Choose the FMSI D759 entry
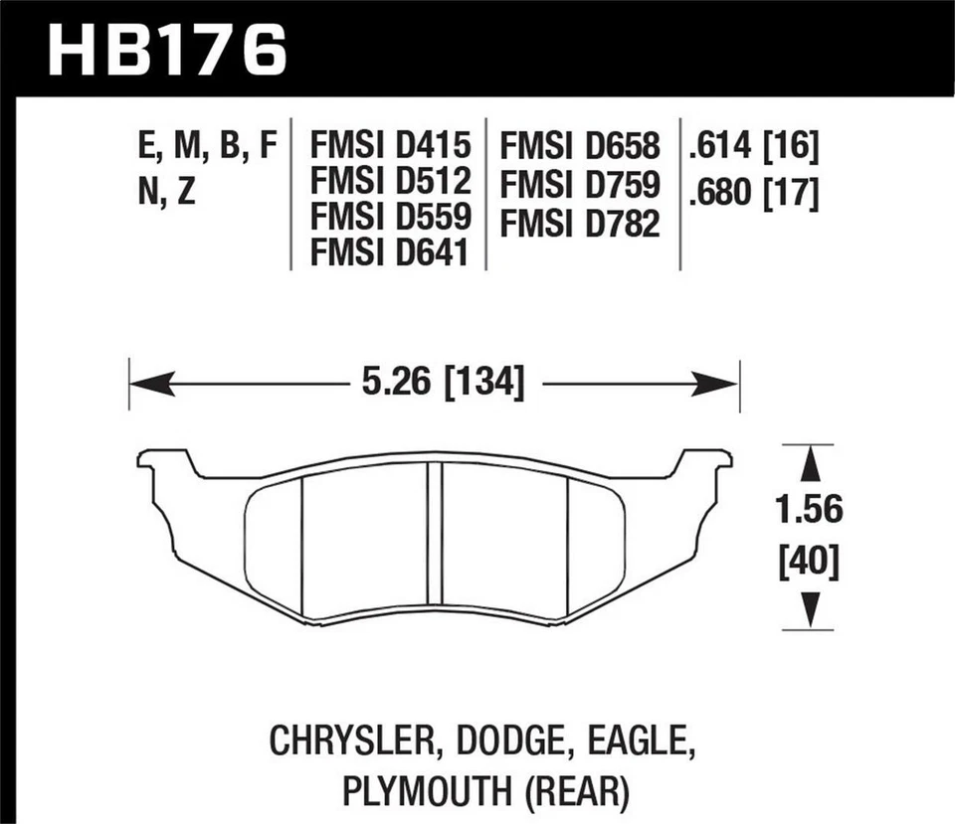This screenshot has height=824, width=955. point(581,186)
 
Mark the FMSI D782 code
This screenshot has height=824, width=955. point(581,223)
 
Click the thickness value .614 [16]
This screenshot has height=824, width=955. point(752,148)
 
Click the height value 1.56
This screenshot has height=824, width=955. point(808,510)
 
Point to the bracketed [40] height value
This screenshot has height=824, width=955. point(808,564)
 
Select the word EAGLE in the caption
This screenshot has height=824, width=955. point(633,742)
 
